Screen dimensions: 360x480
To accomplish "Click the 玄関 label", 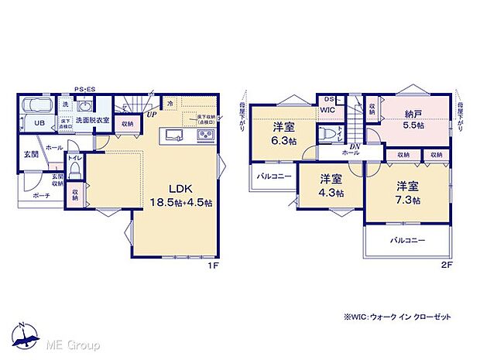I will [31, 154].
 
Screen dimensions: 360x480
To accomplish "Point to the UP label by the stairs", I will [152, 114].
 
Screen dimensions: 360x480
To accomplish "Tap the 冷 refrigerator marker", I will [170, 102].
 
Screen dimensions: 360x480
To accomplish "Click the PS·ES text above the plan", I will [84, 89].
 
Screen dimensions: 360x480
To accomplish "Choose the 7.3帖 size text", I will [407, 200].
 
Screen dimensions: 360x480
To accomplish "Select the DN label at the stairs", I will [354, 147].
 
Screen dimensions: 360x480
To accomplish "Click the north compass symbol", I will [25, 333].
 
